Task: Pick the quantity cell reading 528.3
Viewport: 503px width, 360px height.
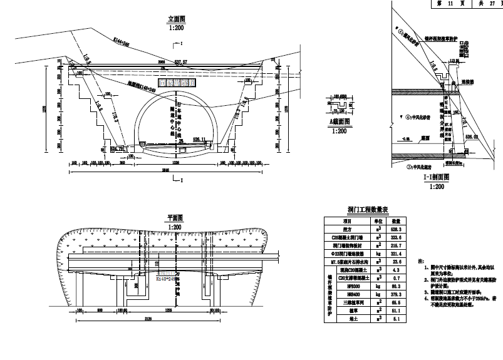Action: tap(396, 230)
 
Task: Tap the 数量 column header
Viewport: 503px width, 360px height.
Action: tap(396, 221)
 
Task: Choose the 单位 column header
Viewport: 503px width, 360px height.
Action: tap(378, 221)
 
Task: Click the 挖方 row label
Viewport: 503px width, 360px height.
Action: tap(346, 230)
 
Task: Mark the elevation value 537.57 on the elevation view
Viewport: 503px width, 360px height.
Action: tap(182, 62)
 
